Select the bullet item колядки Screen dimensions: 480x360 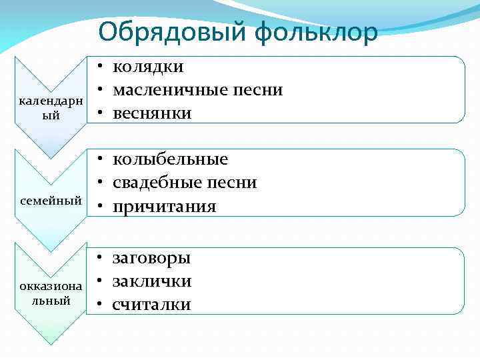point(148,66)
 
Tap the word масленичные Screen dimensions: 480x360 point(171,89)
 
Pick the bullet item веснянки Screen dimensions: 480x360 point(152,113)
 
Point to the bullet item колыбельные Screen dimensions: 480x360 point(170,159)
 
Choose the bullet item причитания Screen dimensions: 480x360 point(164,207)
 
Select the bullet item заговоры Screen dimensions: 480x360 point(151,257)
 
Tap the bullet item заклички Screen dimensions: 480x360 point(152,281)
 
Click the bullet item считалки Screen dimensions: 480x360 point(151,305)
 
